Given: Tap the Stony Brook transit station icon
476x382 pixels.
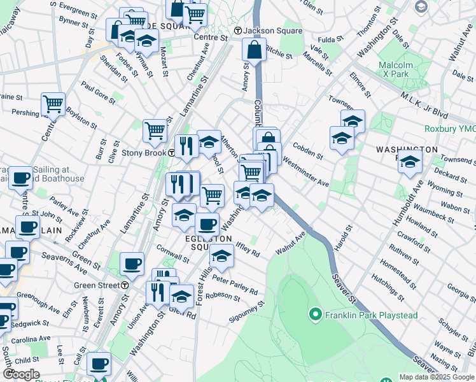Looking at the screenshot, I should coord(172,153).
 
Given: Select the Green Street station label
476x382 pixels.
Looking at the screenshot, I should coord(97,285).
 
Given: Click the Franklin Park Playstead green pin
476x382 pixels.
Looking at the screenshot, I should coord(314,314).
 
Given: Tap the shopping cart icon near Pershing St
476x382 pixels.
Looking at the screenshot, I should coord(53,103).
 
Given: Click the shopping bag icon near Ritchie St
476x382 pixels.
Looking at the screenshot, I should coord(253,50).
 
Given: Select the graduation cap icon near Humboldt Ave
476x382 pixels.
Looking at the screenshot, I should coord(410,162).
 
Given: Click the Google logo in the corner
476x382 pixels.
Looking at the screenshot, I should coord(21,374).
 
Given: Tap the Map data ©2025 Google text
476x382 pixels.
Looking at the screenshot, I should coord(436,377).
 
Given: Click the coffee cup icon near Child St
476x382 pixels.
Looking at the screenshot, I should coord(99,364).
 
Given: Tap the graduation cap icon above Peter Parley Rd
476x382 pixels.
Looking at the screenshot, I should coord(221,255).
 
